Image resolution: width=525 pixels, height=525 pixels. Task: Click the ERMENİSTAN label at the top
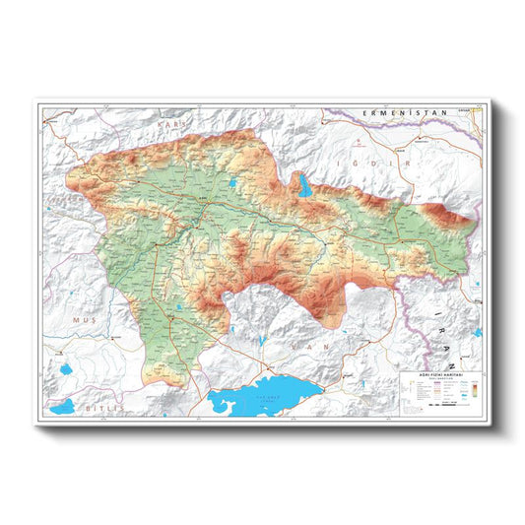(405, 114)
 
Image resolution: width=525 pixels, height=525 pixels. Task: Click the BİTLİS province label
(99, 406)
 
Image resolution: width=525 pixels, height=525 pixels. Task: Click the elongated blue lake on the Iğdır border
(304, 184)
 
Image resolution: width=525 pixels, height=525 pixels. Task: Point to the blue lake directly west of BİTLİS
(62, 405)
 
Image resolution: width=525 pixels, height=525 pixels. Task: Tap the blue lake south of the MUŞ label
(67, 371)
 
